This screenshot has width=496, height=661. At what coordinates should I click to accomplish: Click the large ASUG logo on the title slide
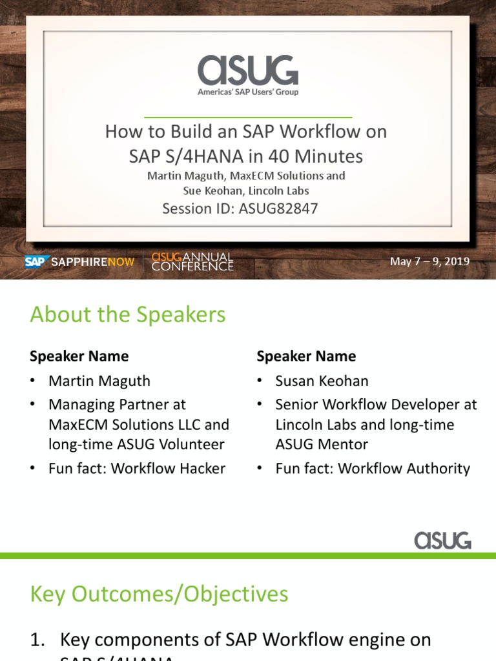(x=248, y=70)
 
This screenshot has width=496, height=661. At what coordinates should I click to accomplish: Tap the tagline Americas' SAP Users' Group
(x=248, y=92)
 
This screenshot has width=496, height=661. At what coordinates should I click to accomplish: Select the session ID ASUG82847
(x=240, y=208)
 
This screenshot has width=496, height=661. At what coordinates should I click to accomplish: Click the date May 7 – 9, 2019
(x=429, y=261)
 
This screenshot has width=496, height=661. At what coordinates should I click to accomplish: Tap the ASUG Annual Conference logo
(x=192, y=261)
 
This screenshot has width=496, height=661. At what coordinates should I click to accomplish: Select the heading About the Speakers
(x=128, y=315)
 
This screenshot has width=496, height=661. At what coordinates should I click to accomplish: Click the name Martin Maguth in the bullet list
(x=99, y=381)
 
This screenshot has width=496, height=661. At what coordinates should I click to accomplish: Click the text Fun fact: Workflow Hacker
(x=137, y=468)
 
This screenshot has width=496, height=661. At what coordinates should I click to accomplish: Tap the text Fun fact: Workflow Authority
(x=373, y=468)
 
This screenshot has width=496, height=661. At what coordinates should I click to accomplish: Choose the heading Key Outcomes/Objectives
(x=159, y=594)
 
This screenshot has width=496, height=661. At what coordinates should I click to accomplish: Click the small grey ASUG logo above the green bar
(x=442, y=540)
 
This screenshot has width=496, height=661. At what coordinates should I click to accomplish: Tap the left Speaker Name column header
(x=79, y=356)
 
